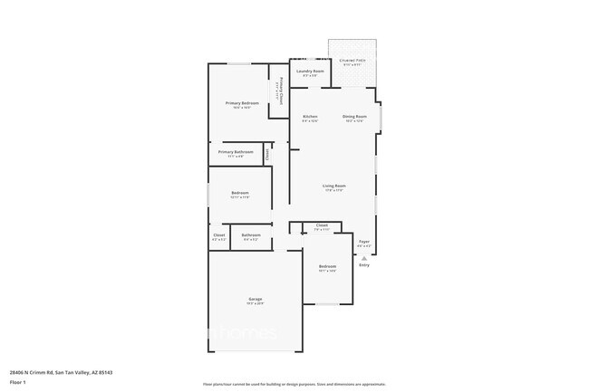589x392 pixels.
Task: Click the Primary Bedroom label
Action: pos(242,103)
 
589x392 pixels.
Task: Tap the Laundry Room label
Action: pos(309,71)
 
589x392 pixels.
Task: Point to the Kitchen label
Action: pos(310,117)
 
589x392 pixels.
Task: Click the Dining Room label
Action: pos(354,117)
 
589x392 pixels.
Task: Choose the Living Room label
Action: pos(334,186)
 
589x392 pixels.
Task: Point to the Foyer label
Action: pos(364,242)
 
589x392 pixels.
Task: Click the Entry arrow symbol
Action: pos(364,258)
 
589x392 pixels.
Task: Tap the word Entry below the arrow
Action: pos(364,265)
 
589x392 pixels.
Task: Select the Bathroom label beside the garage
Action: pos(251,235)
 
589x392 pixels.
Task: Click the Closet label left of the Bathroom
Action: pos(219,235)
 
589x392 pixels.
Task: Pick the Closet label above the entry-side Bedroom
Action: pos(322,225)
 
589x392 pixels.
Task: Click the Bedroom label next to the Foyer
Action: pos(327,266)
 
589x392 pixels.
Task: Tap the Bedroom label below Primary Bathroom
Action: pos(240,193)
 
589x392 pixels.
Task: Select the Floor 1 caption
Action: pos(17,382)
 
